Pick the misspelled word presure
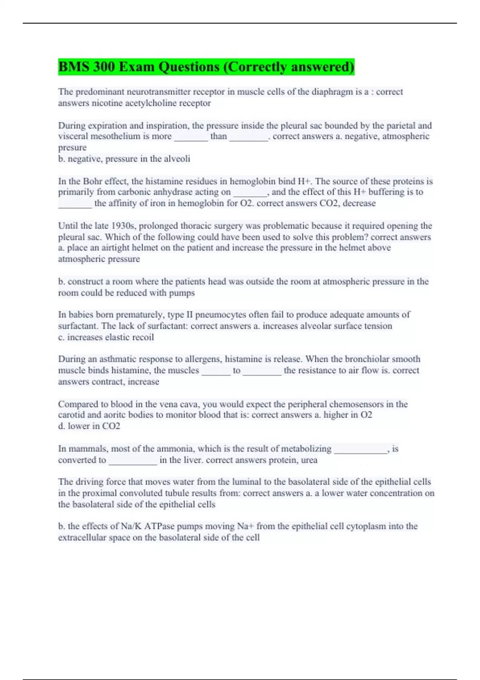click(x=72, y=148)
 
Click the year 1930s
click(x=124, y=226)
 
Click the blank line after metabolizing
click(x=360, y=450)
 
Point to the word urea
click(x=309, y=460)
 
